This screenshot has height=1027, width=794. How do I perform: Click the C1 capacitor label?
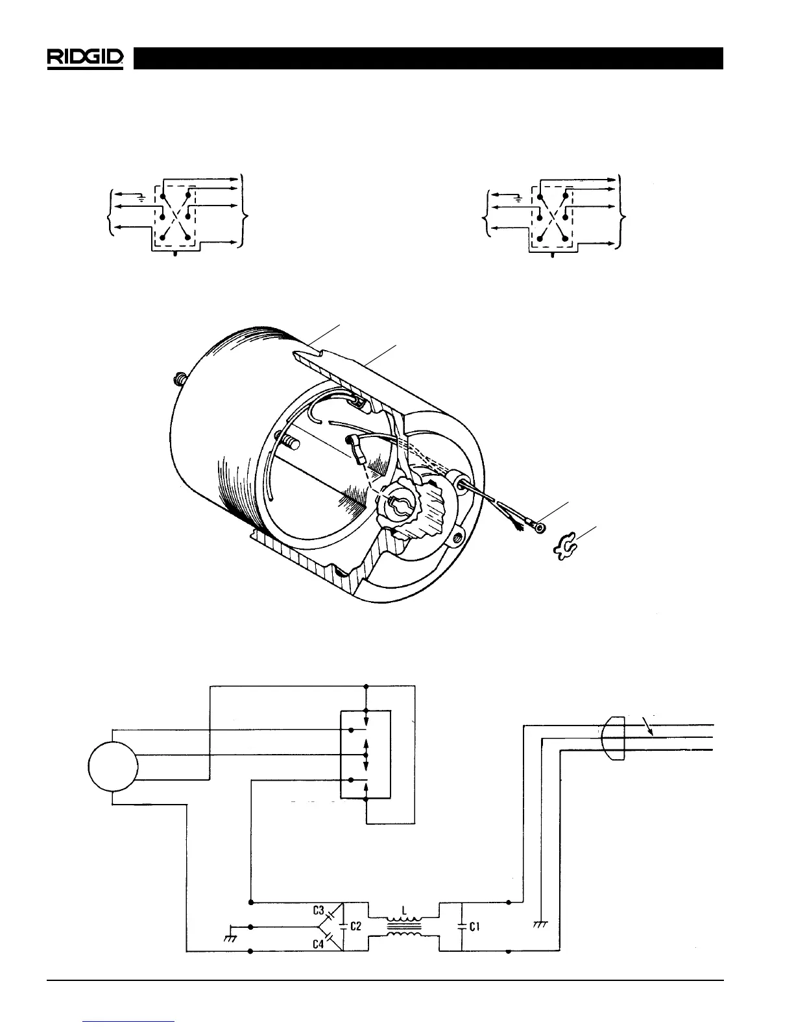point(474,927)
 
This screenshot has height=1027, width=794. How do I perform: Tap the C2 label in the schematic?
point(356,927)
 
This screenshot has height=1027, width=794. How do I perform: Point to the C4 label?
point(319,944)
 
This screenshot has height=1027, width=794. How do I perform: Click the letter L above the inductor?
point(404,910)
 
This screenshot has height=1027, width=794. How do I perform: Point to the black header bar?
point(428,58)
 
